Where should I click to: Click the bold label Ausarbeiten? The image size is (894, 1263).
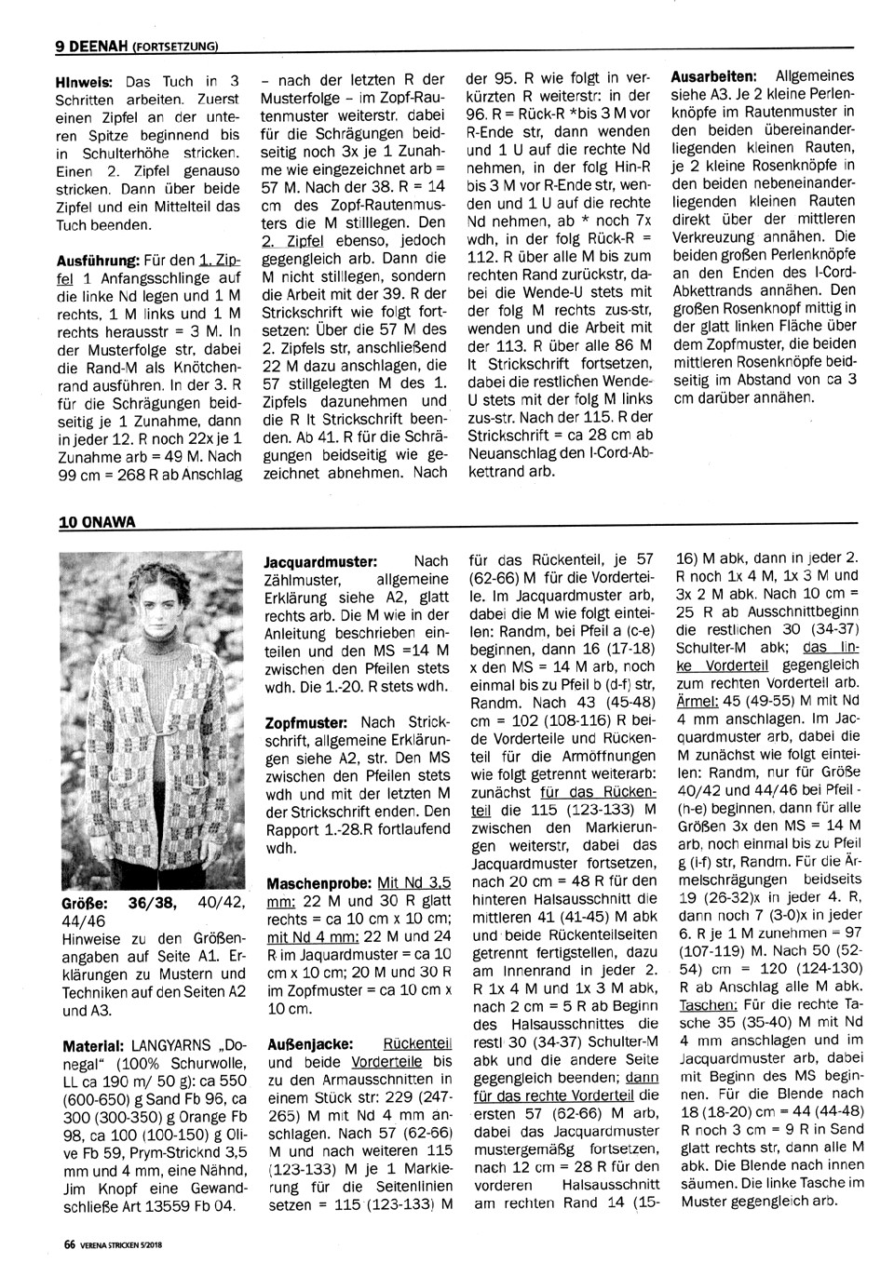(714, 74)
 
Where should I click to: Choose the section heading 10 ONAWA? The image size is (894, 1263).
(96, 521)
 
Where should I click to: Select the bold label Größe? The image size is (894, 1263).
(83, 903)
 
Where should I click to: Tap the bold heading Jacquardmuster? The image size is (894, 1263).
(321, 562)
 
